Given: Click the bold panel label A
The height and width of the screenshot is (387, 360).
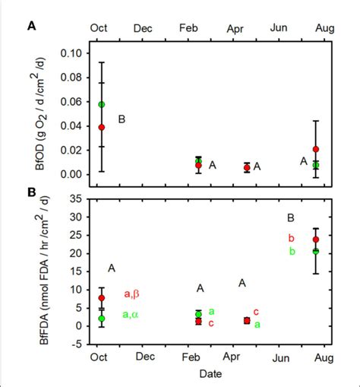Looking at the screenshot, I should click(x=32, y=27).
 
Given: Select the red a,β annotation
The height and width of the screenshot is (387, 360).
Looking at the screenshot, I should click(x=132, y=294).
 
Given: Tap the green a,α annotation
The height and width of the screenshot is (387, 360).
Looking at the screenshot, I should click(x=132, y=314).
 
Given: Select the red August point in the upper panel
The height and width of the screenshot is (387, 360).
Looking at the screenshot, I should click(x=316, y=149).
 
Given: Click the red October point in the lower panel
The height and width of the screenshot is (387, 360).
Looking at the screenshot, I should click(x=102, y=298).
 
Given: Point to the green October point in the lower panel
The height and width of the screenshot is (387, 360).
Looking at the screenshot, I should click(x=102, y=319).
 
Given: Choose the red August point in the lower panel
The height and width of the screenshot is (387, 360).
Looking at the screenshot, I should click(x=316, y=239).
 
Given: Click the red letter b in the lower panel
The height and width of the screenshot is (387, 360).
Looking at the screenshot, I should click(x=291, y=238).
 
